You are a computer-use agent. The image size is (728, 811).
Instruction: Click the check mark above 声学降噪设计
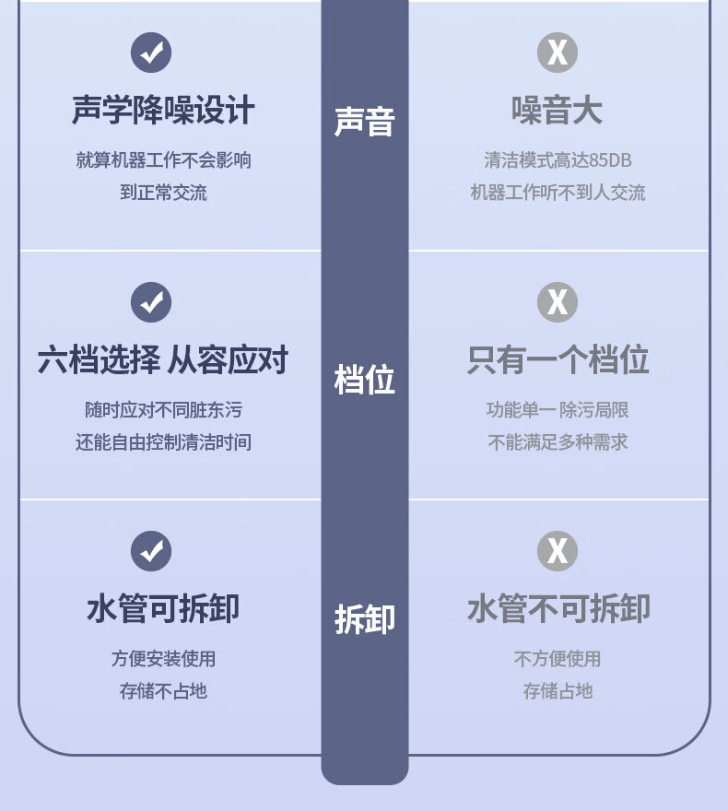tap(151, 53)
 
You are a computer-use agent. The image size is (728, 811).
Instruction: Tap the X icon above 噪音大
tap(558, 53)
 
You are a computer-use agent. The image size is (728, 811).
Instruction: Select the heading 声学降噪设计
tap(163, 112)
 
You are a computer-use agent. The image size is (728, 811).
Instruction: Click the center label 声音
tap(364, 122)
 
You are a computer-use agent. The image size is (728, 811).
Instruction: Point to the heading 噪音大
tap(558, 112)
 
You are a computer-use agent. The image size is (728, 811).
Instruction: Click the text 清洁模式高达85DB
tap(558, 160)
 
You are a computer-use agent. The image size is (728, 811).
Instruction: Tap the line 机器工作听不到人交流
tap(558, 193)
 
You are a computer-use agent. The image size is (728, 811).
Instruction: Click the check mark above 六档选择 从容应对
tap(151, 301)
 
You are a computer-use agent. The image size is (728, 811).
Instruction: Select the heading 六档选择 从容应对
tap(163, 360)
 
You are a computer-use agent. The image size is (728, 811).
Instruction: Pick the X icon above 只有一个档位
tap(558, 301)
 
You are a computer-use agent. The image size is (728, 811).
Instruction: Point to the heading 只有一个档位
tap(558, 360)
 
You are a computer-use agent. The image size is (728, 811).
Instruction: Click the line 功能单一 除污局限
tap(558, 410)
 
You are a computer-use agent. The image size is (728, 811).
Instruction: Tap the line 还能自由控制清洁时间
tap(163, 442)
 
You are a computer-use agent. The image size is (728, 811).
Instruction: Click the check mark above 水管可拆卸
tap(151, 551)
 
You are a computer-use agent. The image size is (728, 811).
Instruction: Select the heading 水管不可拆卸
tap(558, 609)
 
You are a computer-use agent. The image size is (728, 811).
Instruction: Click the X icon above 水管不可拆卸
tap(558, 551)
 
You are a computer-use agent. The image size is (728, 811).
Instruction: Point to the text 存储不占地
tap(163, 691)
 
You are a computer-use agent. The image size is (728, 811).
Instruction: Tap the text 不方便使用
tap(558, 659)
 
